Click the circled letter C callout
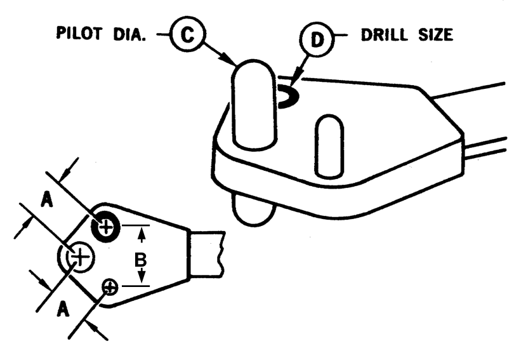click(188, 34)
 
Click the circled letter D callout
click(316, 39)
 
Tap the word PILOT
click(79, 34)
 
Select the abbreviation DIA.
click(129, 34)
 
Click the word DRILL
click(386, 35)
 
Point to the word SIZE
click(436, 35)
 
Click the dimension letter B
click(140, 260)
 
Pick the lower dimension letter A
click(63, 309)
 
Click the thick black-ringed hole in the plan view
click(106, 227)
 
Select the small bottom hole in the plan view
click(110, 288)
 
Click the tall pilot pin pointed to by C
click(254, 104)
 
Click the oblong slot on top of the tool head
click(329, 146)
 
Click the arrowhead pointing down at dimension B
click(142, 277)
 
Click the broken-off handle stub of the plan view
click(206, 254)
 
